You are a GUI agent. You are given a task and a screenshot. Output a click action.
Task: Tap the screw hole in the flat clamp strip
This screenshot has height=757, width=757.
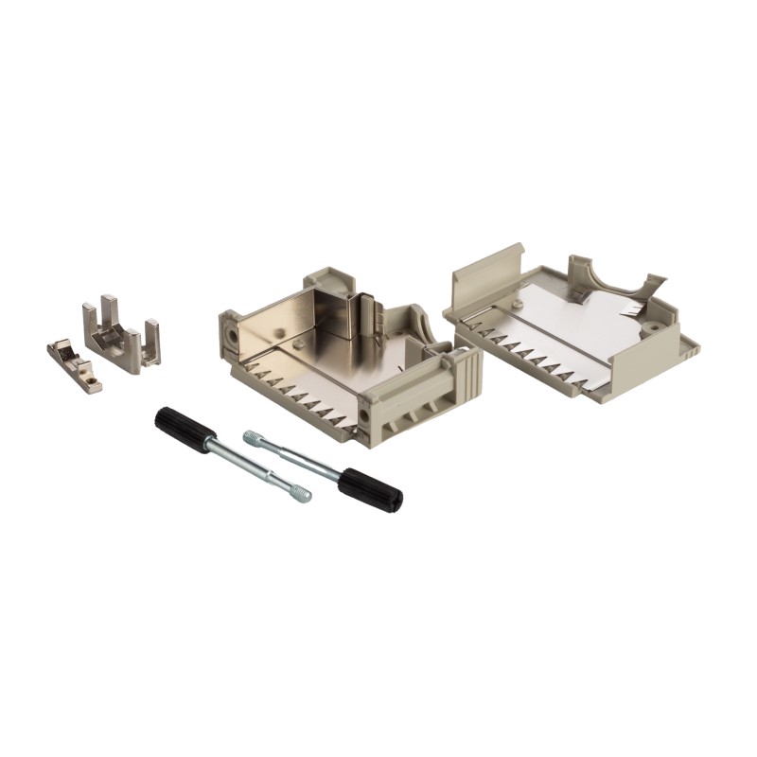coord(93,383)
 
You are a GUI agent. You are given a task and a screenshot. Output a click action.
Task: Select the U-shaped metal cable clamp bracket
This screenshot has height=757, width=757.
coord(121,335)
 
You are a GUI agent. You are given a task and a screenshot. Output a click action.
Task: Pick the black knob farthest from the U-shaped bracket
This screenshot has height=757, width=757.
coord(370,488)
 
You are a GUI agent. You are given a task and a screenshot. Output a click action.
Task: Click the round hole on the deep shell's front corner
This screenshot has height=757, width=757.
coord(365,414)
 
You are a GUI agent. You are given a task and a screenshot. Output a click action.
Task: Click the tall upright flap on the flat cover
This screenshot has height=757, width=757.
coord(487,270)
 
